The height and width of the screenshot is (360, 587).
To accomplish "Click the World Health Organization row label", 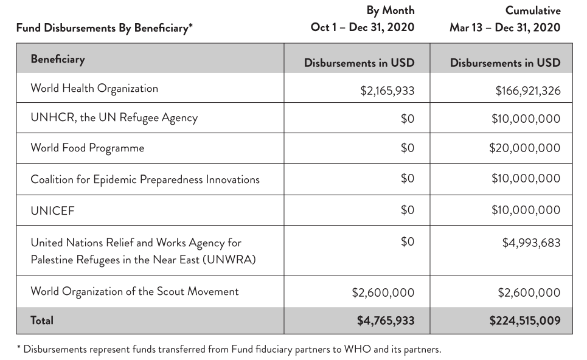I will click(x=94, y=88).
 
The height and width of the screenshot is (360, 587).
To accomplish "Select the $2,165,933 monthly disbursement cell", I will click(x=387, y=91).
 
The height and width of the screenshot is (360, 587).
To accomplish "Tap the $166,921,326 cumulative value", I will click(x=527, y=91).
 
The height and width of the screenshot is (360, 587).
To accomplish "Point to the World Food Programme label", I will click(x=88, y=148).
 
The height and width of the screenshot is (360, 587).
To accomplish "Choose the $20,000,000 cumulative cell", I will click(x=524, y=148).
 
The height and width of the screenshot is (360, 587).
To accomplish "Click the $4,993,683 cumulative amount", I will click(x=531, y=243).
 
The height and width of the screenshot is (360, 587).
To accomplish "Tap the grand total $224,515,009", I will click(x=524, y=320).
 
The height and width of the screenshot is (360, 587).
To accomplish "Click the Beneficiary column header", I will click(x=58, y=60).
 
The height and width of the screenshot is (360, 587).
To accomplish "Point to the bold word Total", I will click(x=42, y=319).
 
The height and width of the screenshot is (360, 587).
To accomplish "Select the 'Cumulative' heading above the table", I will click(x=533, y=10).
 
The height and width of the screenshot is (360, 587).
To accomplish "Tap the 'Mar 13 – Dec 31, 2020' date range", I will click(x=505, y=27).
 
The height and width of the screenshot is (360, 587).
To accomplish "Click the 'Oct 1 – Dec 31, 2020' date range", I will click(x=363, y=27).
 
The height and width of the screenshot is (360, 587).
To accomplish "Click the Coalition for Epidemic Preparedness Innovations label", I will click(x=145, y=179).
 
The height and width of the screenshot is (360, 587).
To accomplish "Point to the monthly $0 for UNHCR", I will click(x=407, y=119).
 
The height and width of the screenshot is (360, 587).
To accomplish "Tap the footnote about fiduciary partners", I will click(x=228, y=350).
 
